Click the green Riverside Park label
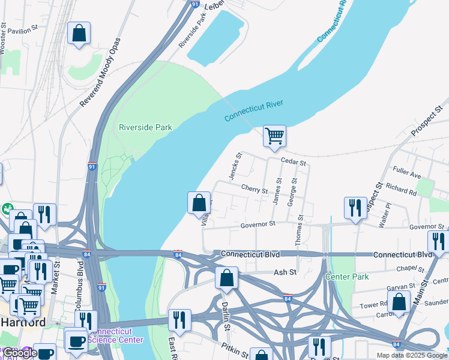point(145,127)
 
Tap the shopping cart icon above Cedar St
point(274,136)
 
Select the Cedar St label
point(294,163)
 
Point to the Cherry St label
point(254,190)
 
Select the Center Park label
point(347,277)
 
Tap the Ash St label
point(285,272)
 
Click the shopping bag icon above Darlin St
point(226,278)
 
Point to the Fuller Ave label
point(407,173)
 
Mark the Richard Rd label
point(401,190)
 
